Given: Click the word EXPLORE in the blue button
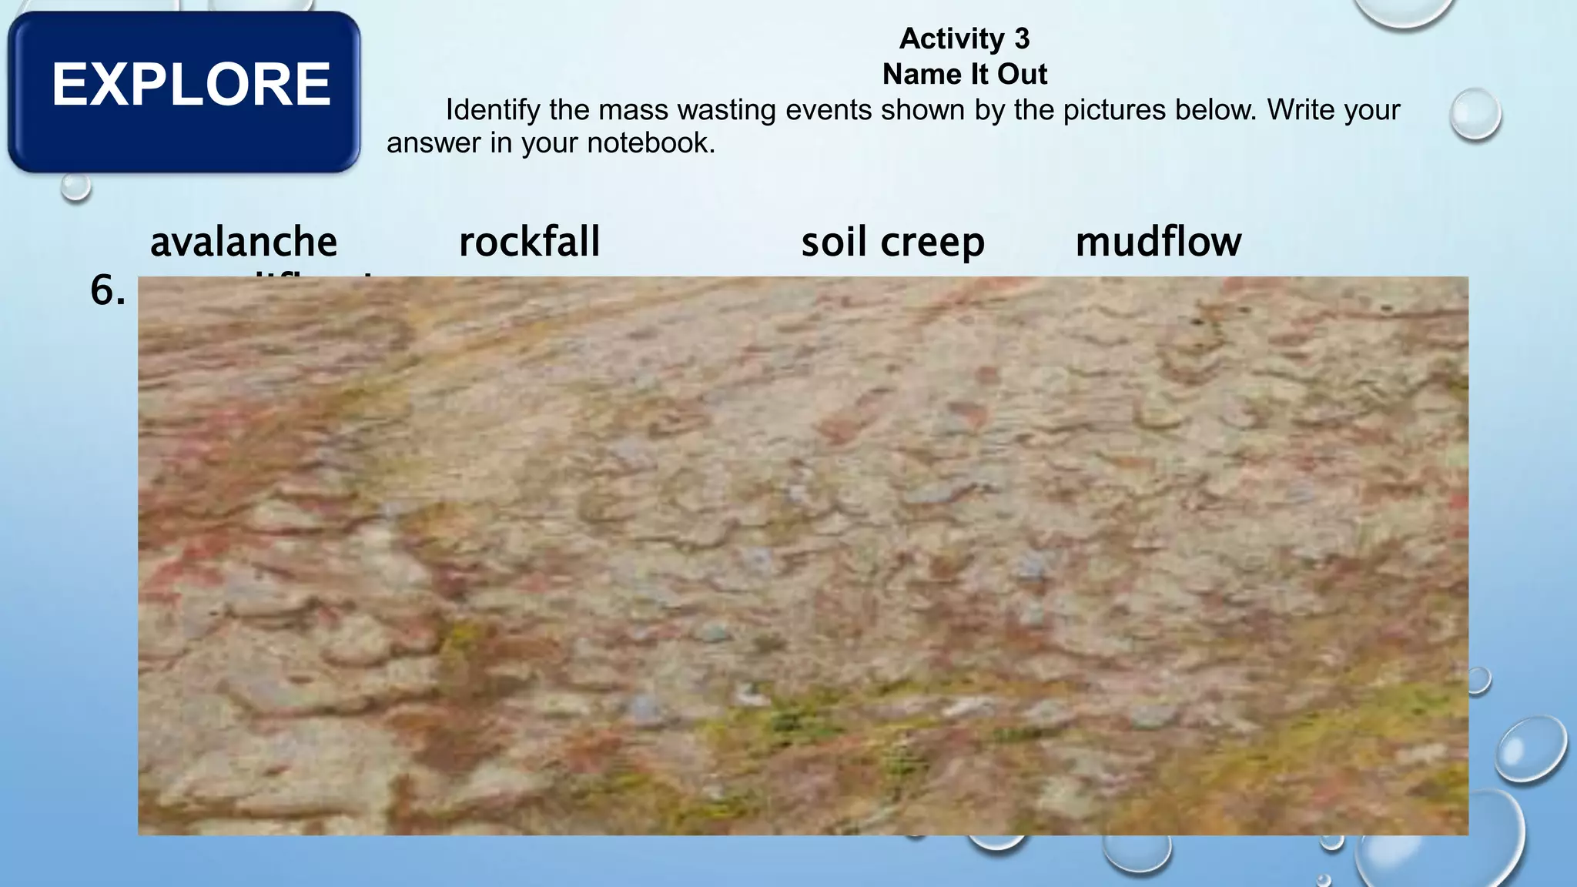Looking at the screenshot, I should point(191,84).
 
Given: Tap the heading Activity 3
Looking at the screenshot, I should point(964,38).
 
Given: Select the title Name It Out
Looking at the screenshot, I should point(964,75).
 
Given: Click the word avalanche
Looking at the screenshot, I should point(243,242).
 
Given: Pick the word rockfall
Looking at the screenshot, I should point(530,242).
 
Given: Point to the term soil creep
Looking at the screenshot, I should point(893,242).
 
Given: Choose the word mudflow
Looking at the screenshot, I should point(1158,242).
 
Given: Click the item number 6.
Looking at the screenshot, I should point(107,291).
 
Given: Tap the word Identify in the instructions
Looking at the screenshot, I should point(493,110).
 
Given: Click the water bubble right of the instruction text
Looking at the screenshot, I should point(1475,114).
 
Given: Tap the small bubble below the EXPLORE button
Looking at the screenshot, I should point(75,186).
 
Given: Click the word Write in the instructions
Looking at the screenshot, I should point(1301,110).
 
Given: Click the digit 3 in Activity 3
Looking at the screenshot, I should point(1022,38).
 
